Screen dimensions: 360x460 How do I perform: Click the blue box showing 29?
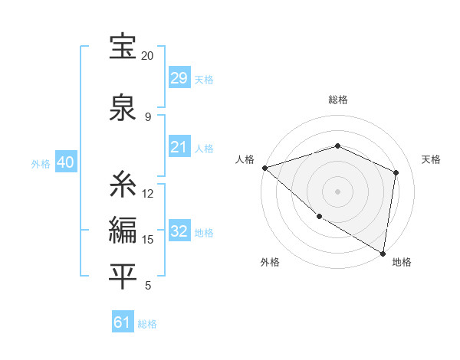pyautogui.click(x=179, y=78)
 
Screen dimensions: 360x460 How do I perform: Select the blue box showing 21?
pyautogui.click(x=179, y=147)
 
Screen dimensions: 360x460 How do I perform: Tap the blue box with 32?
pyautogui.click(x=179, y=231)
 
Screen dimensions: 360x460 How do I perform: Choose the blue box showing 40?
pyautogui.click(x=65, y=163)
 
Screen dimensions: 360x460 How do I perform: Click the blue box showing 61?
pyautogui.click(x=123, y=322)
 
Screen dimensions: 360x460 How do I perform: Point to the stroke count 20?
pyautogui.click(x=148, y=56)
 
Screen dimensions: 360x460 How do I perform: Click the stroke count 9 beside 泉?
pyautogui.click(x=148, y=116)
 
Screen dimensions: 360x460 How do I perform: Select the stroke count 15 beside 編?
pyautogui.click(x=148, y=240)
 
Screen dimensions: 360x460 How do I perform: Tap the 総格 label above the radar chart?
pyautogui.click(x=338, y=100)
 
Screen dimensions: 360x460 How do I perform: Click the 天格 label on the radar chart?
pyautogui.click(x=431, y=159)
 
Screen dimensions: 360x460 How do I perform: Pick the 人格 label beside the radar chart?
pyautogui.click(x=245, y=159)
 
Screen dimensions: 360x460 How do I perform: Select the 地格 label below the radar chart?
pyautogui.click(x=402, y=263)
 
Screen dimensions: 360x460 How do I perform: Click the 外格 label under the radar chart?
pyautogui.click(x=270, y=263)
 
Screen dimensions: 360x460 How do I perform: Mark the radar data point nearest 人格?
pyautogui.click(x=264, y=168)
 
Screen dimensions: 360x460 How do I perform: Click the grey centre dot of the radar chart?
pyautogui.click(x=338, y=191)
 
